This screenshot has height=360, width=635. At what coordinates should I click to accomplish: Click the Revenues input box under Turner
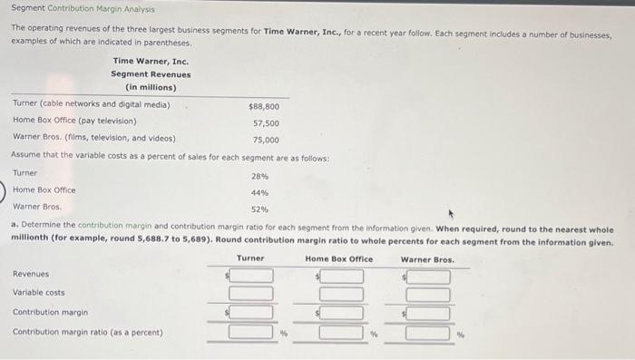click(x=251, y=275)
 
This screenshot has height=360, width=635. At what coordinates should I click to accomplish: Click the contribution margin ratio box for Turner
click(x=251, y=332)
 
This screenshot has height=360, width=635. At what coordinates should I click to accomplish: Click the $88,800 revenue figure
click(x=264, y=106)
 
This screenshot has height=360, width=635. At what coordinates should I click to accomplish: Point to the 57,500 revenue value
click(x=266, y=122)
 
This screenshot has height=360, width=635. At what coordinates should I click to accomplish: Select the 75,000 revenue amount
click(x=266, y=140)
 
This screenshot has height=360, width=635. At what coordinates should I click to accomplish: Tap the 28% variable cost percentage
click(x=259, y=175)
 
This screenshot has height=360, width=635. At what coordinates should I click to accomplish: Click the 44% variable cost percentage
click(x=259, y=192)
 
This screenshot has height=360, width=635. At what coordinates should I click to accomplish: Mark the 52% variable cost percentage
click(x=259, y=209)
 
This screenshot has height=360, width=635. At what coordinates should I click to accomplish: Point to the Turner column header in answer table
click(x=250, y=258)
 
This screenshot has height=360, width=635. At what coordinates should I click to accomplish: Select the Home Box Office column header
click(x=338, y=258)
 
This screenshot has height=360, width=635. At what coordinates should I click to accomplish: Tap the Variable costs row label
click(x=38, y=293)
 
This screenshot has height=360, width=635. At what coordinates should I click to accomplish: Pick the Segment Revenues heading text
click(x=151, y=74)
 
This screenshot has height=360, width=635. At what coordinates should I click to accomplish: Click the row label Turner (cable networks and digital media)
click(x=91, y=105)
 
